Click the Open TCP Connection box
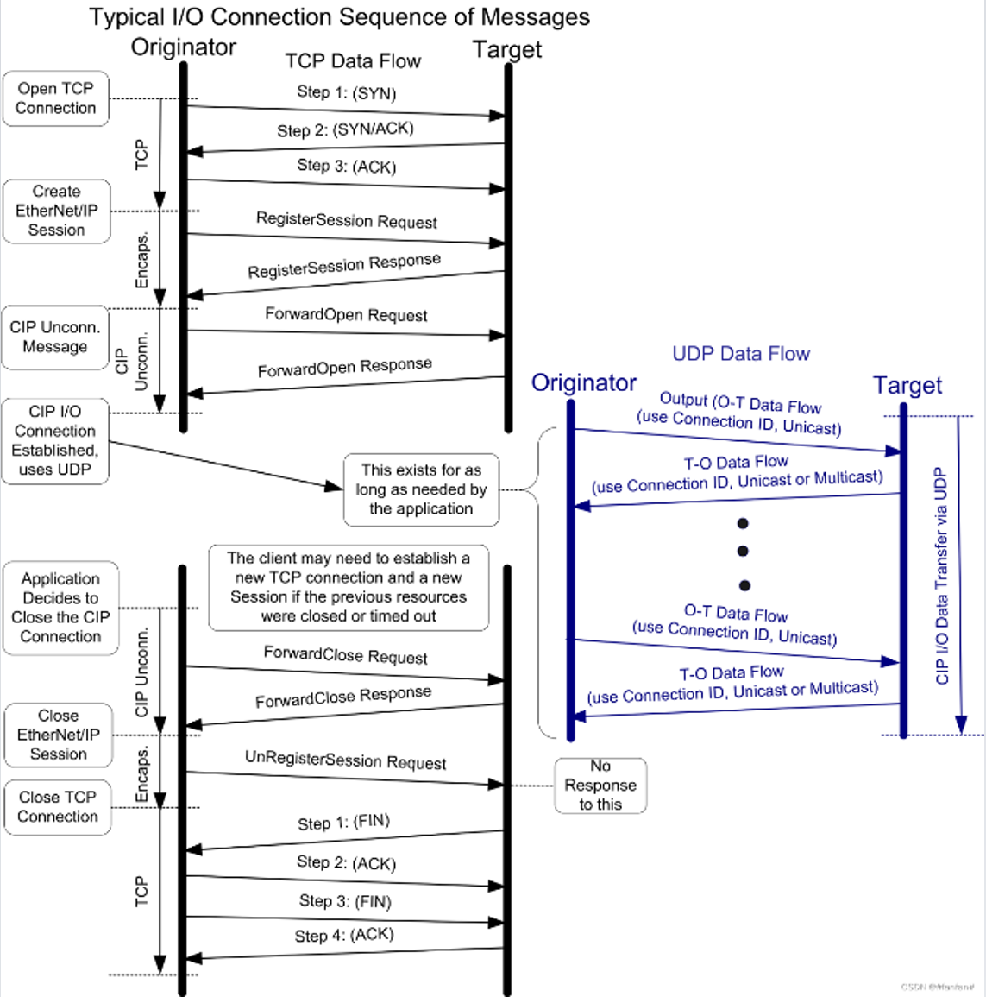56,98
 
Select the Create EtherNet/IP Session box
57,211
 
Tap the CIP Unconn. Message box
55,337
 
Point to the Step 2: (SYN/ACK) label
345,129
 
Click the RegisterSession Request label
346,220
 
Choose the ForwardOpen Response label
344,367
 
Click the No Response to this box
600,785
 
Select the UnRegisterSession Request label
345,760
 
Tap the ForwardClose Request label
345,655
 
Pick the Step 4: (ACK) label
344,935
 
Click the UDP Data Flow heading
741,354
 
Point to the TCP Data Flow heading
353,61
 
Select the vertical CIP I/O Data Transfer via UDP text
941,576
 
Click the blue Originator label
584,383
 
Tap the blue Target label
907,385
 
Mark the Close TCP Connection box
58,806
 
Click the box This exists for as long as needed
421,489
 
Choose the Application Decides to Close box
60,608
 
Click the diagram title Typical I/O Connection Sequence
340,17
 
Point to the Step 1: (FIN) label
343,823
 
